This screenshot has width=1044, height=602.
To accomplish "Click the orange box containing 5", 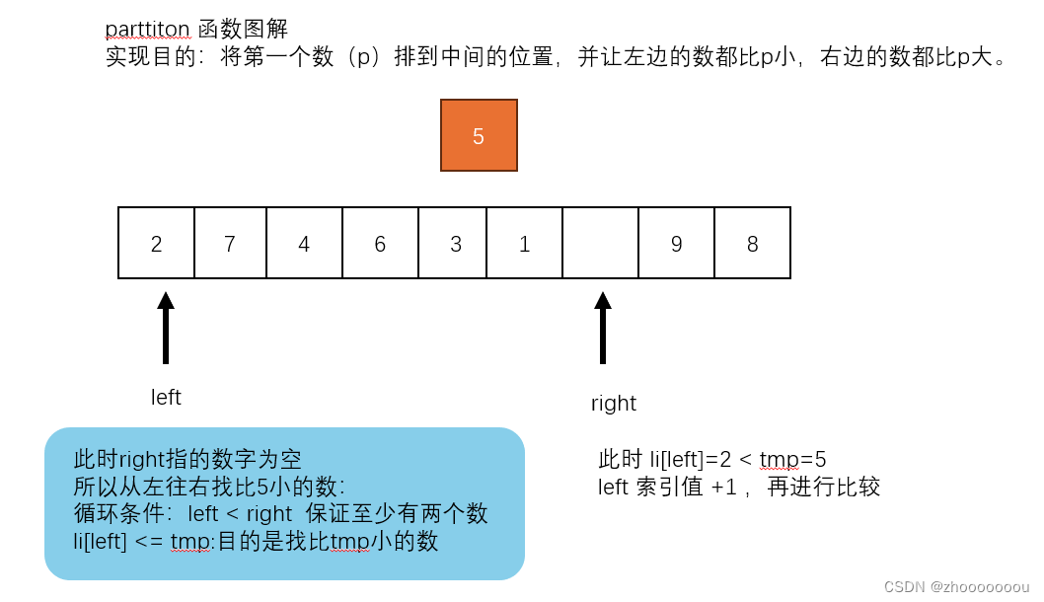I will pyautogui.click(x=479, y=135).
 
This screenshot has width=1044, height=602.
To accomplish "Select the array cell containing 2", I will pyautogui.click(x=156, y=243).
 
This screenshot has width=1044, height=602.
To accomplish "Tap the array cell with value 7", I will pyautogui.click(x=230, y=243).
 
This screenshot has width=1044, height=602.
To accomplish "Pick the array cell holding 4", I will pyautogui.click(x=304, y=243).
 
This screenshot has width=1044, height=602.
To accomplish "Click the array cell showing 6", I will pyautogui.click(x=380, y=243).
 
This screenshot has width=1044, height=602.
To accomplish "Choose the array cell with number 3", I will pyautogui.click(x=455, y=243).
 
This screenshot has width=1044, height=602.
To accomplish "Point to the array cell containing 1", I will pyautogui.click(x=524, y=243).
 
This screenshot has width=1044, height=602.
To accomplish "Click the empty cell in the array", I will pyautogui.click(x=600, y=243).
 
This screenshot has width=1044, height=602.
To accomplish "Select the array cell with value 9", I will pyautogui.click(x=676, y=243).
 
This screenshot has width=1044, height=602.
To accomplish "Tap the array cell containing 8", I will pyautogui.click(x=752, y=243).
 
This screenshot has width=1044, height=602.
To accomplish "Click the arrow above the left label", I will pyautogui.click(x=166, y=328).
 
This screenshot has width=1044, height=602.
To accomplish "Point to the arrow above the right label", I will pyautogui.click(x=603, y=328).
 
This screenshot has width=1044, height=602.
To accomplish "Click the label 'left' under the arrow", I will pyautogui.click(x=166, y=397).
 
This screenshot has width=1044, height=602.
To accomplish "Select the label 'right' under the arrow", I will pyautogui.click(x=614, y=403).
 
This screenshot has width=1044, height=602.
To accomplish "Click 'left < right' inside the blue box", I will pyautogui.click(x=240, y=513).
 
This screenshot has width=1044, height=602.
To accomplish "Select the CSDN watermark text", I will pyautogui.click(x=956, y=586).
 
